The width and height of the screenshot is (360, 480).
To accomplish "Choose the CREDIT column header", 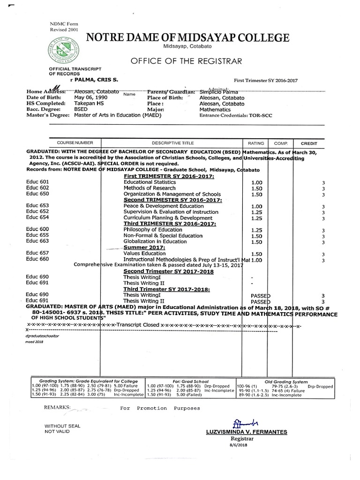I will pyautogui.click(x=309, y=142).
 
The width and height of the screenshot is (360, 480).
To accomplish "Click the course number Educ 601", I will pyautogui.click(x=37, y=181).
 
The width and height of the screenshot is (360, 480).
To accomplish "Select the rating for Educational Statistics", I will pyautogui.click(x=256, y=182).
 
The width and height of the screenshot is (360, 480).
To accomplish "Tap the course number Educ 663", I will pyautogui.click(x=37, y=241).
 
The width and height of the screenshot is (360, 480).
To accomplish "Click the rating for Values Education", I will pyautogui.click(x=256, y=254).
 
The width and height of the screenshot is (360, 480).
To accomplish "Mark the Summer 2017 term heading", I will pyautogui.click(x=144, y=247).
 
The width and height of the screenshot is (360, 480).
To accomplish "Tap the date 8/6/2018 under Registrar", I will pyautogui.click(x=241, y=446).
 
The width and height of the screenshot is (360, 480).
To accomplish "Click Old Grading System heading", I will pyautogui.click(x=286, y=382).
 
